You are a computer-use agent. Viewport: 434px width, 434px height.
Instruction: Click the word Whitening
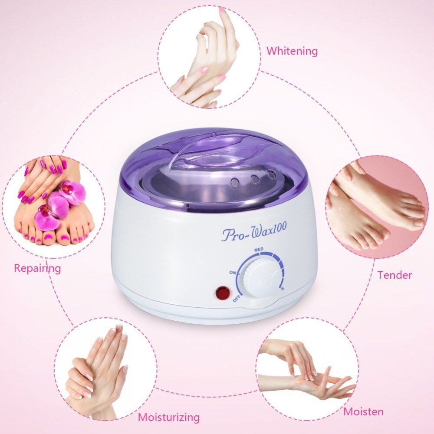tap(292, 52)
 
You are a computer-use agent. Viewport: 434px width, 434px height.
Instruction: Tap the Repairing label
tap(37, 268)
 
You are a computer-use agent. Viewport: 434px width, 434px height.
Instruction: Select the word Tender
tap(395, 275)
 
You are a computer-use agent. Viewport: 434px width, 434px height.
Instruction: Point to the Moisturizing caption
tap(169, 417)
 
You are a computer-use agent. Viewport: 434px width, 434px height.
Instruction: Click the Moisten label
tap(363, 411)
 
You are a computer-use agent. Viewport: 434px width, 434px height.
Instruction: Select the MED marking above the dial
tap(259, 250)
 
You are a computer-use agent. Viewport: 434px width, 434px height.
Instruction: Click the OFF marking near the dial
tap(236, 299)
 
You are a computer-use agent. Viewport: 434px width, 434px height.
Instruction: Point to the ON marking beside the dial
tap(232, 273)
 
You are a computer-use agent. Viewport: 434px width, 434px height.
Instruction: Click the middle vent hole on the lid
tap(254, 179)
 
